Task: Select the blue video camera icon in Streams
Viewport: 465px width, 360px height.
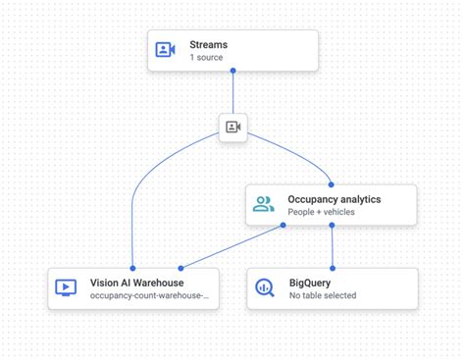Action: (x=165, y=50)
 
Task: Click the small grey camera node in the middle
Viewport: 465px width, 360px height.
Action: (x=232, y=127)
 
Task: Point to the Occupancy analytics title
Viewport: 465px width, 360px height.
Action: (x=334, y=199)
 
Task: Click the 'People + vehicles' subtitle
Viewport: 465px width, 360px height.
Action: (x=321, y=213)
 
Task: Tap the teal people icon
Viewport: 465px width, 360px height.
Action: (x=263, y=205)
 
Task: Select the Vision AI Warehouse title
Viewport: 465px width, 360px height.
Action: (x=136, y=283)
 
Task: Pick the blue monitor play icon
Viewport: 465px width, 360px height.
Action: (x=66, y=288)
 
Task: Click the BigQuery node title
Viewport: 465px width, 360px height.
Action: (x=310, y=283)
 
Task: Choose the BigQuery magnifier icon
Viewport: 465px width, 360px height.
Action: (x=263, y=288)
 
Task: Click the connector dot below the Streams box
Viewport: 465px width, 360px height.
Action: (x=232, y=71)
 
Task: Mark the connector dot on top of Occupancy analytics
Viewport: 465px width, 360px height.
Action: (x=333, y=183)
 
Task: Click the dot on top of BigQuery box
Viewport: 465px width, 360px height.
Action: (x=333, y=268)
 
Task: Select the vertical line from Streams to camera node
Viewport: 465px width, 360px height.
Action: (x=232, y=92)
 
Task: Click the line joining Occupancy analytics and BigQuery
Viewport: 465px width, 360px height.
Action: (x=333, y=246)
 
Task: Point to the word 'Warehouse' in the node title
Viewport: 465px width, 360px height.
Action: (x=158, y=283)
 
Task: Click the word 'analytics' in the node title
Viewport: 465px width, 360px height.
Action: (x=358, y=199)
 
